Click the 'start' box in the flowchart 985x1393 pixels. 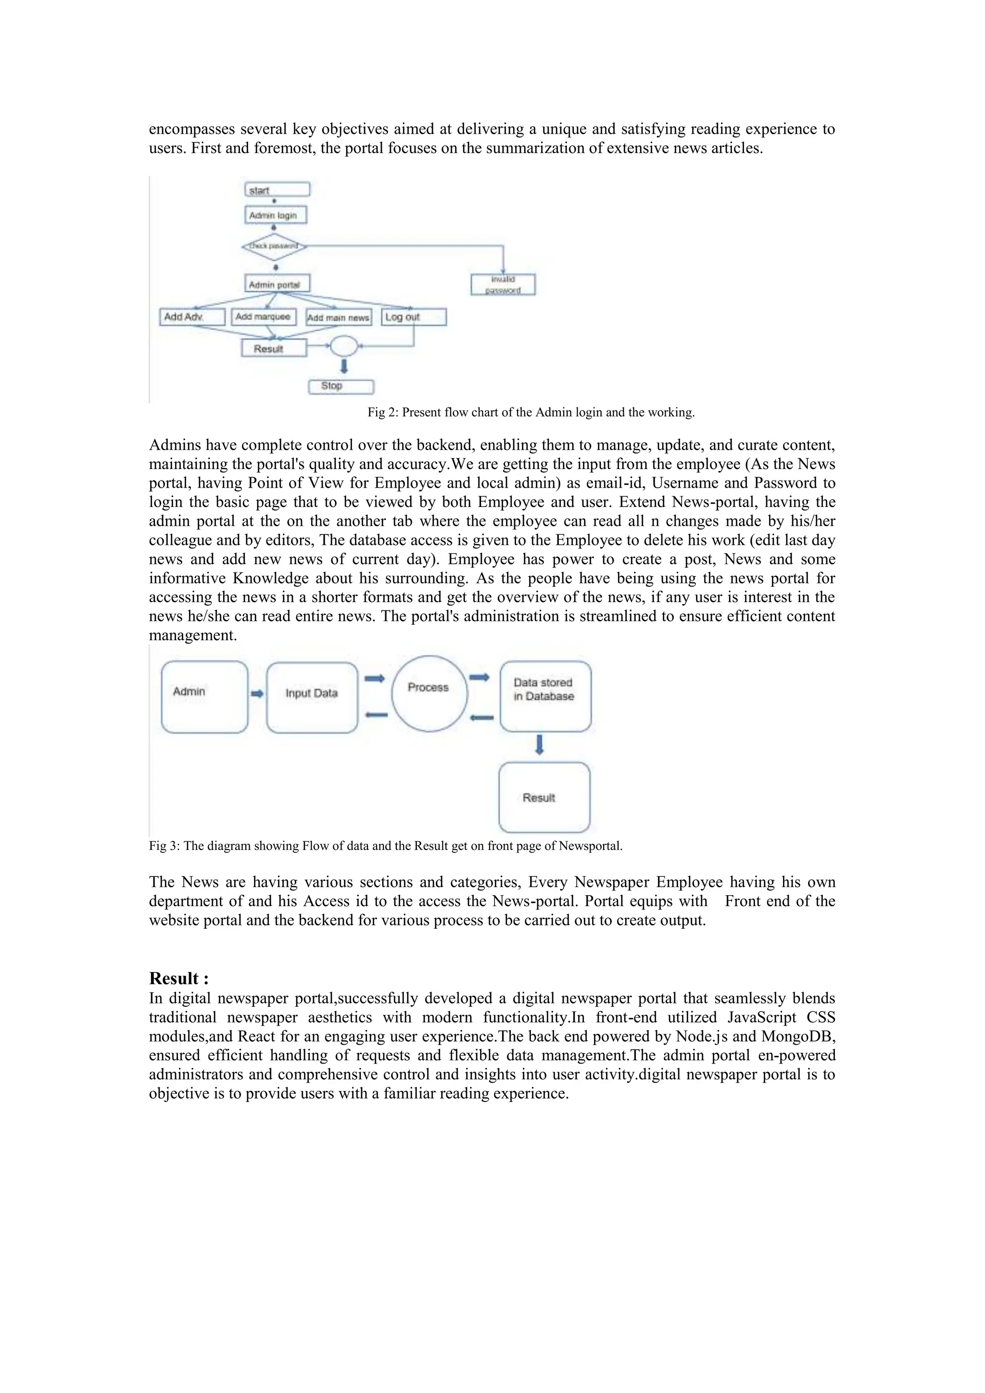point(277,190)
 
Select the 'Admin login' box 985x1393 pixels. point(276,215)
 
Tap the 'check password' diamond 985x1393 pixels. point(274,246)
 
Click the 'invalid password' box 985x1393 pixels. point(503,285)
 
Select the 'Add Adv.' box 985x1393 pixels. point(192,317)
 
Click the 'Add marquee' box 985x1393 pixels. point(263,317)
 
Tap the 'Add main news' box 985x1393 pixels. point(338,317)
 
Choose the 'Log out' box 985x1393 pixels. point(414,317)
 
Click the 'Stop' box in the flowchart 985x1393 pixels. point(341,386)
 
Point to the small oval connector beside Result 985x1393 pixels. point(343,346)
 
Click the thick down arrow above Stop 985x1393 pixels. point(344,366)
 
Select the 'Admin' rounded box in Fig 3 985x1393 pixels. point(204,696)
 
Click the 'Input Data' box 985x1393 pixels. point(312,697)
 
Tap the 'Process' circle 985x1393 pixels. point(429,693)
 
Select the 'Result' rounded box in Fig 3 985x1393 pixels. point(544,797)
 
